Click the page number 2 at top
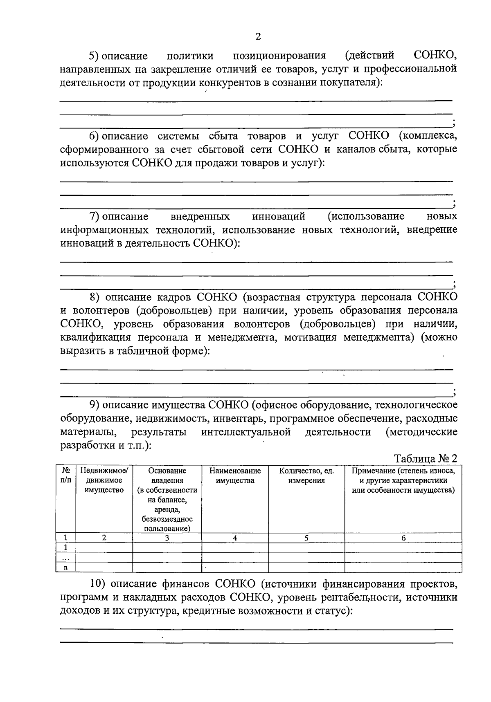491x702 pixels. coord(258,37)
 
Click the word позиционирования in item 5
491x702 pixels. coord(279,55)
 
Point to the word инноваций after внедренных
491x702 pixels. coord(279,216)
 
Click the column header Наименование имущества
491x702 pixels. coord(235,475)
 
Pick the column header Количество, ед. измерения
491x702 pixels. coord(306,475)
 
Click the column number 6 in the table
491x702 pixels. coord(403,538)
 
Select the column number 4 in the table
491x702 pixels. coord(235,538)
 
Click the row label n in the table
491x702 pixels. coord(65,567)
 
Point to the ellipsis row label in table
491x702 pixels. coord(65,558)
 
